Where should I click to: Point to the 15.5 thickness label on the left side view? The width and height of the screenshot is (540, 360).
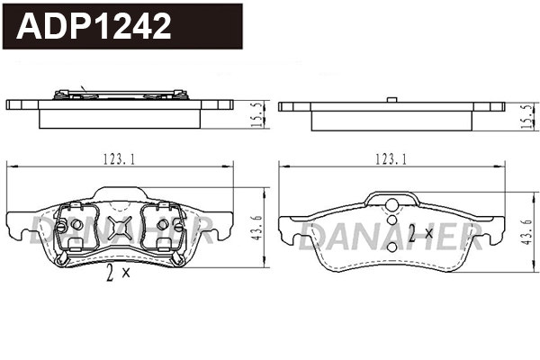(x=259, y=114)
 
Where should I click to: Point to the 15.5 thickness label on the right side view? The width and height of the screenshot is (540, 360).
(x=526, y=114)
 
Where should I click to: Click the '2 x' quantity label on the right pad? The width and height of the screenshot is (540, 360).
(x=419, y=235)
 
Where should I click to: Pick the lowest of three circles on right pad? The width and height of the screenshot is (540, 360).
(x=391, y=237)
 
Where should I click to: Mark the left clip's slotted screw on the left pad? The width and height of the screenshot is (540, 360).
(x=75, y=223)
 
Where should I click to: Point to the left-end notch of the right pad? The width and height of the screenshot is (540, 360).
(x=288, y=236)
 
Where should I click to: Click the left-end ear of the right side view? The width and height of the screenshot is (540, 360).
(x=292, y=106)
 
